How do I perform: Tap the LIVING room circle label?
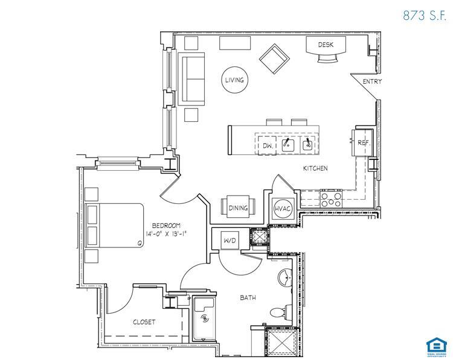[234, 80]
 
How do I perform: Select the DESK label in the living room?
[326, 45]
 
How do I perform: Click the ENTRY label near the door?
[372, 81]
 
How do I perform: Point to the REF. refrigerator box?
[363, 142]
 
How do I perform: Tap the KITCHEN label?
[315, 168]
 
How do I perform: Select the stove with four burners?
[332, 199]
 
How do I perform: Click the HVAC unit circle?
[283, 208]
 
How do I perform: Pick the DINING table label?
[239, 208]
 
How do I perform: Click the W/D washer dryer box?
[230, 240]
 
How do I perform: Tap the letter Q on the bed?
[140, 243]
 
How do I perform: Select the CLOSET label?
[144, 322]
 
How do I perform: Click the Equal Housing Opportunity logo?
[434, 346]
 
